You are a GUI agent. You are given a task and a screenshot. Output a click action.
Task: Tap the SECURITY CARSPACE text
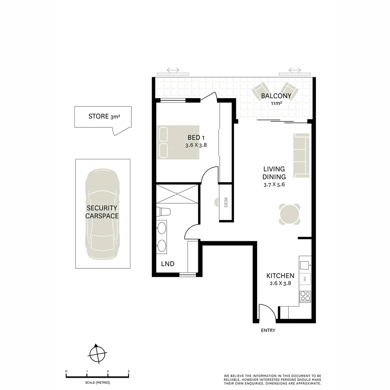[102, 212]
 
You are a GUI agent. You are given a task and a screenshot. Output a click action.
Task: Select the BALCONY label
[276, 96]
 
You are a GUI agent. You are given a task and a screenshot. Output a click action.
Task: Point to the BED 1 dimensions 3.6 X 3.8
[196, 145]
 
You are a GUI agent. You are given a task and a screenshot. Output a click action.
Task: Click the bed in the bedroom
[178, 142]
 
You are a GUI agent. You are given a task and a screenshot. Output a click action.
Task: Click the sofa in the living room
[302, 155]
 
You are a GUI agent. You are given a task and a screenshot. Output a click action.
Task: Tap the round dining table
[290, 214]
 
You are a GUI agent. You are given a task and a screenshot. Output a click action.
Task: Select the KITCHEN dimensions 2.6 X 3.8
[281, 283]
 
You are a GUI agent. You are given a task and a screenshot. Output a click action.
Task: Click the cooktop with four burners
[305, 296]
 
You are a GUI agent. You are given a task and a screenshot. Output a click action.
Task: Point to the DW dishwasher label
[305, 278]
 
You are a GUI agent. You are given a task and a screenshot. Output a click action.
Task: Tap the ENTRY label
[268, 330]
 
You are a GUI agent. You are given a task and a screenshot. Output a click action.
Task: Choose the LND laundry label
[168, 264]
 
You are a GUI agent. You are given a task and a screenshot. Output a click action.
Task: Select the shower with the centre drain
[177, 194]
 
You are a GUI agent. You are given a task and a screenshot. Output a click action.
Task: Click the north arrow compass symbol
[97, 353]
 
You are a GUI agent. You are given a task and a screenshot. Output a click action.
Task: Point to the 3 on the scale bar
[129, 371]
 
